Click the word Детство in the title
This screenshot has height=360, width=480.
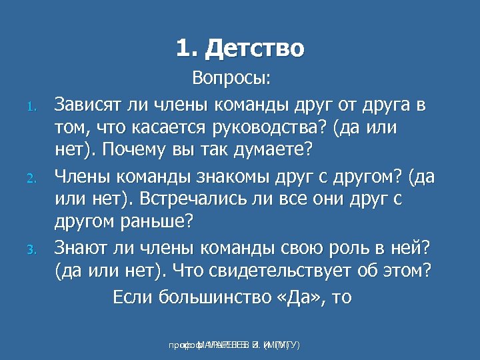[255, 49]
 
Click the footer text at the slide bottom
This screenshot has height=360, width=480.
[233, 345]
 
